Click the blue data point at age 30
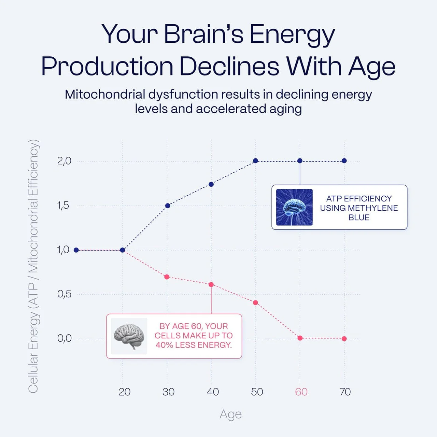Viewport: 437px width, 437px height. point(168,206)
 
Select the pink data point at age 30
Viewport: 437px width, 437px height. point(167,277)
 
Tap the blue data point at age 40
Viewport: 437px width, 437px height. point(211,184)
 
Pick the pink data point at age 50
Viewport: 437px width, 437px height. point(255,302)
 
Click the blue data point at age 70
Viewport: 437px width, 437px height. point(344,161)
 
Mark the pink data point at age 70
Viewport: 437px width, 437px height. point(344,339)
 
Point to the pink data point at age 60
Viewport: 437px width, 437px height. point(300,338)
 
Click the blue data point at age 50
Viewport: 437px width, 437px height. point(255,161)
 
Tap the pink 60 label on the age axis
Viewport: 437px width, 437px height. point(301,392)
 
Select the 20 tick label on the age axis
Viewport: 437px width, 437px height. point(125,392)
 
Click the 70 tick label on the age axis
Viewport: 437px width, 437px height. point(345,392)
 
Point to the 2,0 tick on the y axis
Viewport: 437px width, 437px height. point(64,161)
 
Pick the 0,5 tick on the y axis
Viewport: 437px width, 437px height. point(64,294)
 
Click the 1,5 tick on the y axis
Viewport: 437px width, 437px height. point(63,206)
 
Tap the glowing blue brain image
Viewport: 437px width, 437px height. point(294,207)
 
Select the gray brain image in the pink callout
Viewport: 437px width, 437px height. point(129,336)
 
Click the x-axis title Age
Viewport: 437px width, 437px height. point(230,414)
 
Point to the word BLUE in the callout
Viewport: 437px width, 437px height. point(359,217)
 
